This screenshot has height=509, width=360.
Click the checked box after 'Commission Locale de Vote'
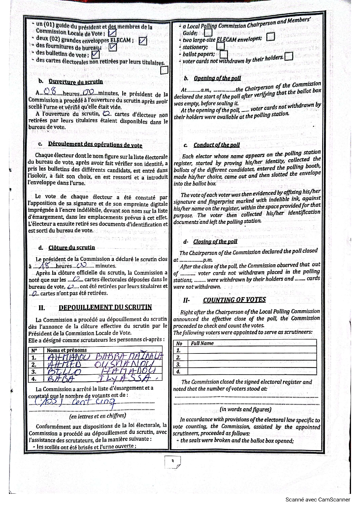point(112,33)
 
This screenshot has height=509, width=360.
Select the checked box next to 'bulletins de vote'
point(95,55)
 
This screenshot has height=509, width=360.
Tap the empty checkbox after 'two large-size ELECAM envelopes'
point(271,37)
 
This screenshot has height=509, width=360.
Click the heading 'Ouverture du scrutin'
point(75,82)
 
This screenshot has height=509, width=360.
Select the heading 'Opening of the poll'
point(217,78)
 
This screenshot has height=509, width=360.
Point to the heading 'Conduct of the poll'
point(217,145)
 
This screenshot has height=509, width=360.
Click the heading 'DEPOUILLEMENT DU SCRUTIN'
point(105,308)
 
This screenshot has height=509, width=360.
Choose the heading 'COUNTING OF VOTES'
point(234,300)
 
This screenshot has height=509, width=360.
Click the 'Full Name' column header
point(202,343)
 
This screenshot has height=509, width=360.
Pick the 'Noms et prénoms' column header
point(67,350)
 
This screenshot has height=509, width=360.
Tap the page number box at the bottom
point(172,462)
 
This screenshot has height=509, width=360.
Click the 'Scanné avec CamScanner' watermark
point(318,499)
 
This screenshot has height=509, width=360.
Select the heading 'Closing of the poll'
point(215,241)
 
